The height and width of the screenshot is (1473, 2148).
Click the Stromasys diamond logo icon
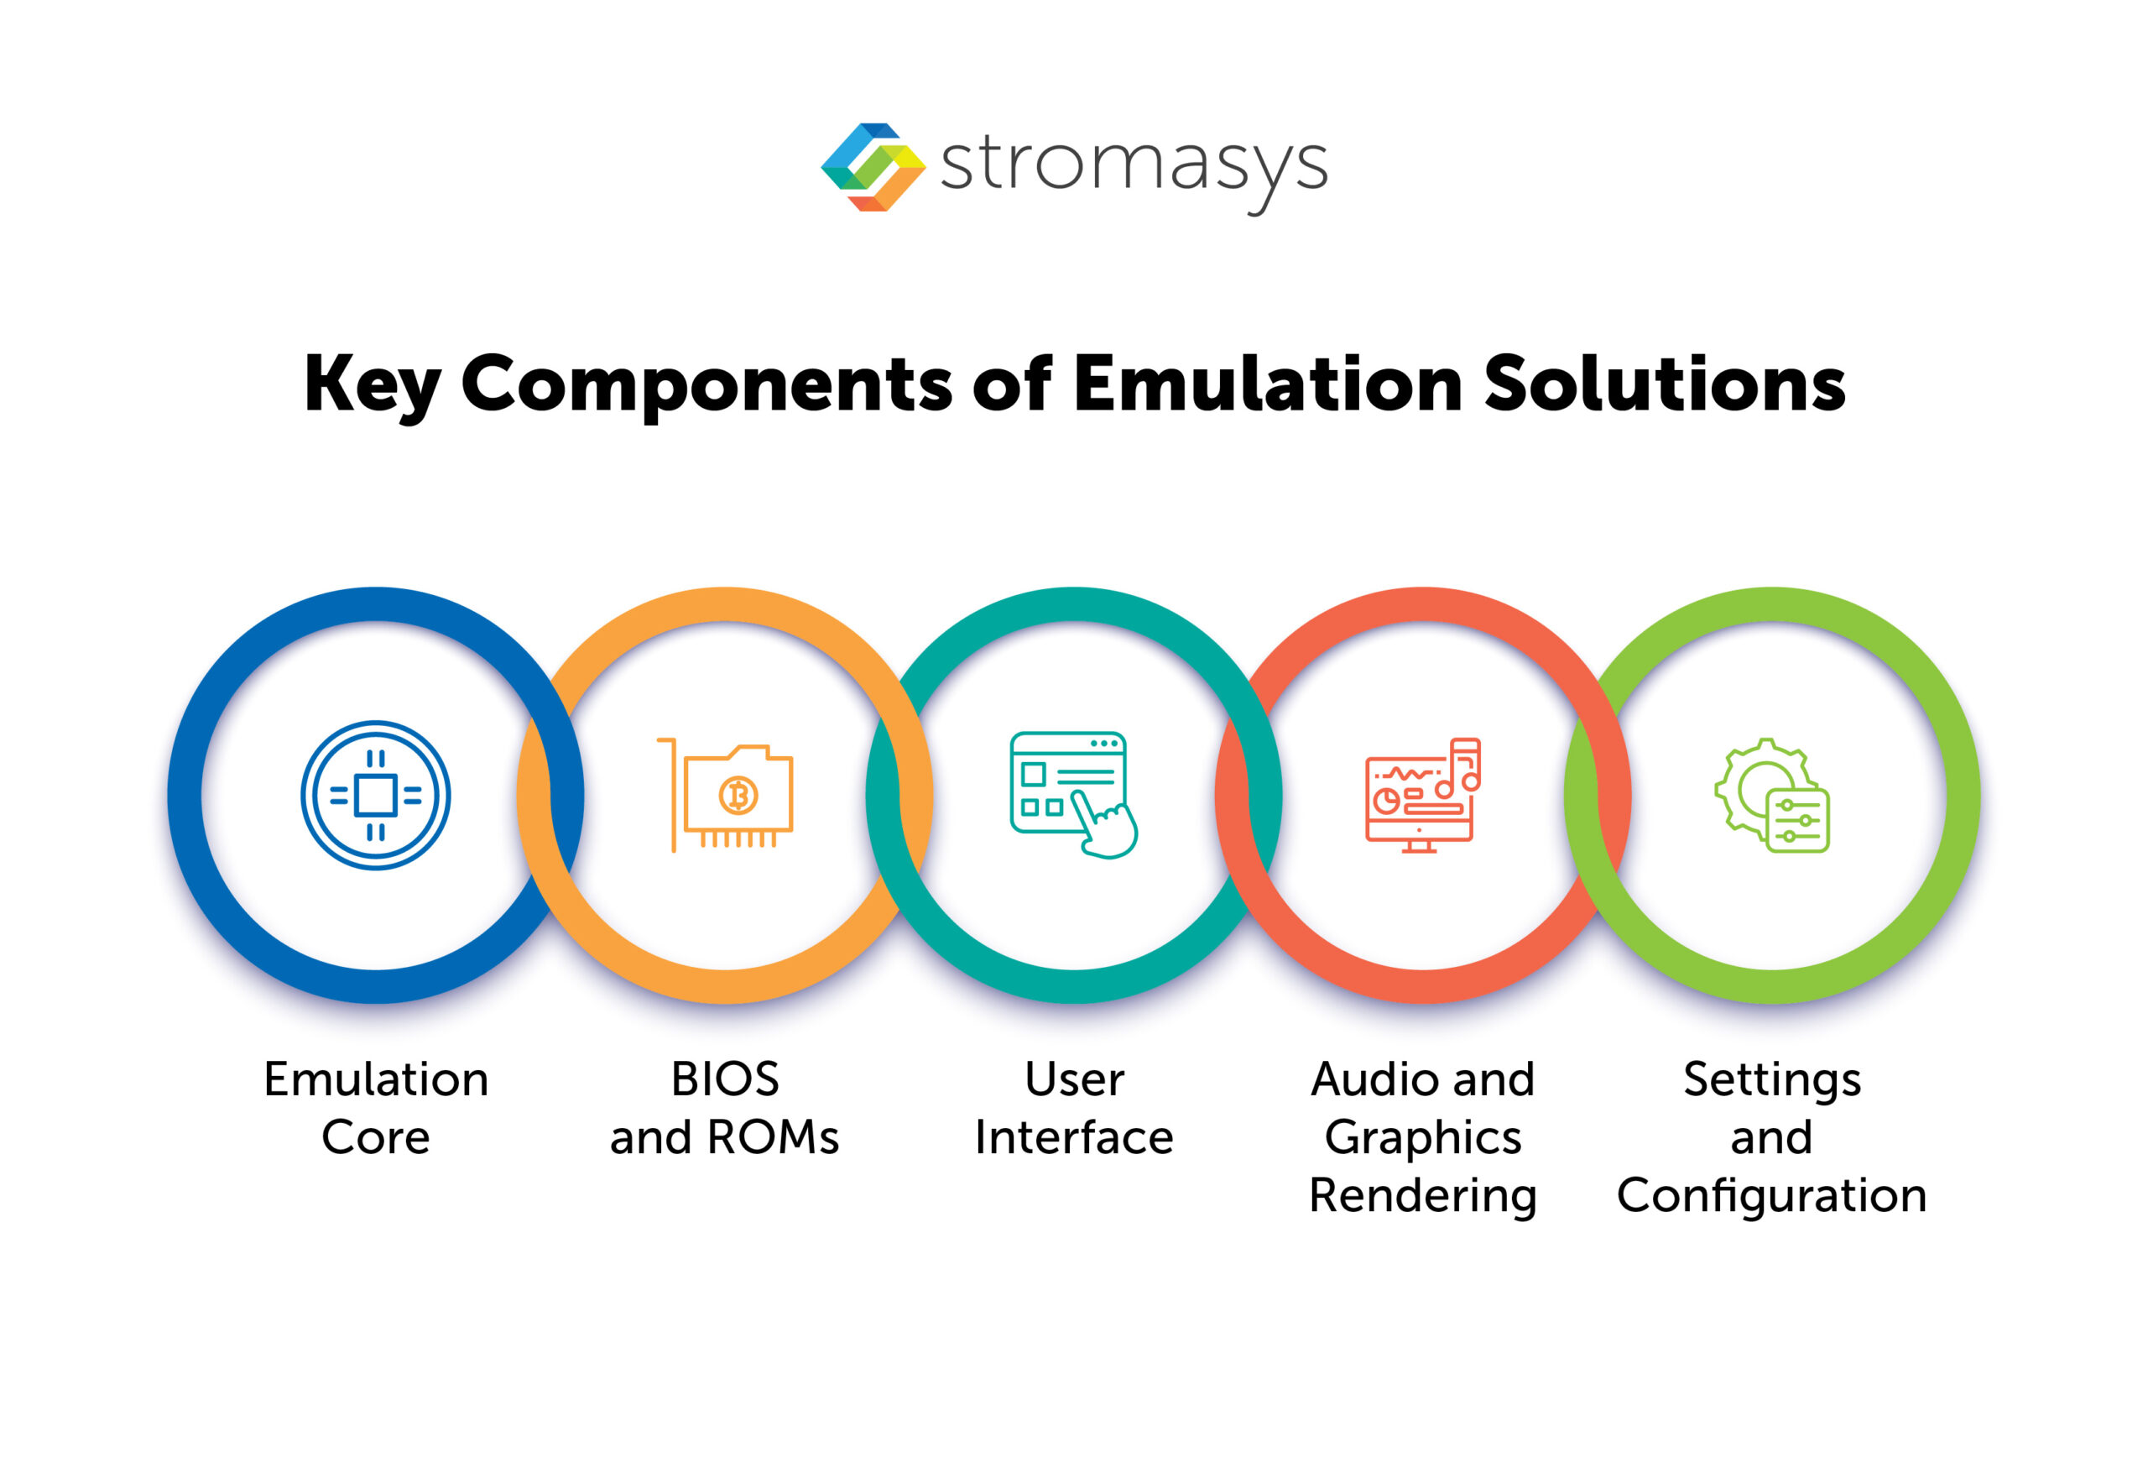pyautogui.click(x=873, y=167)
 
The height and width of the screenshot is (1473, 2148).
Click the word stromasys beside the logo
pyautogui.click(x=1134, y=166)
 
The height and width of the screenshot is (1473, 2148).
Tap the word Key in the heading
pyautogui.click(x=372, y=384)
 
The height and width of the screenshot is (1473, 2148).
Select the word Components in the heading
pyautogui.click(x=706, y=385)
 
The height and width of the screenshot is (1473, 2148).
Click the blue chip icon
pyautogui.click(x=375, y=795)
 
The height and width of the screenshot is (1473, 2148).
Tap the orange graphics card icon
pyautogui.click(x=726, y=795)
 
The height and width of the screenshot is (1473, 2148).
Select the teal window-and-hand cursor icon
pyautogui.click(x=1073, y=795)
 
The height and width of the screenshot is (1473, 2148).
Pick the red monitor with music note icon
pyautogui.click(x=1422, y=795)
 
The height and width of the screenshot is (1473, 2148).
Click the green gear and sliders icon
pyautogui.click(x=1772, y=795)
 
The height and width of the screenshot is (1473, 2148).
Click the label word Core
pyautogui.click(x=375, y=1137)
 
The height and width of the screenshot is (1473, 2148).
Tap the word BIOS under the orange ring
pyautogui.click(x=726, y=1079)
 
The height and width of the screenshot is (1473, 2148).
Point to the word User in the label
pyautogui.click(x=1074, y=1079)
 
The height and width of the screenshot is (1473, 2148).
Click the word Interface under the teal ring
pyautogui.click(x=1074, y=1137)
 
